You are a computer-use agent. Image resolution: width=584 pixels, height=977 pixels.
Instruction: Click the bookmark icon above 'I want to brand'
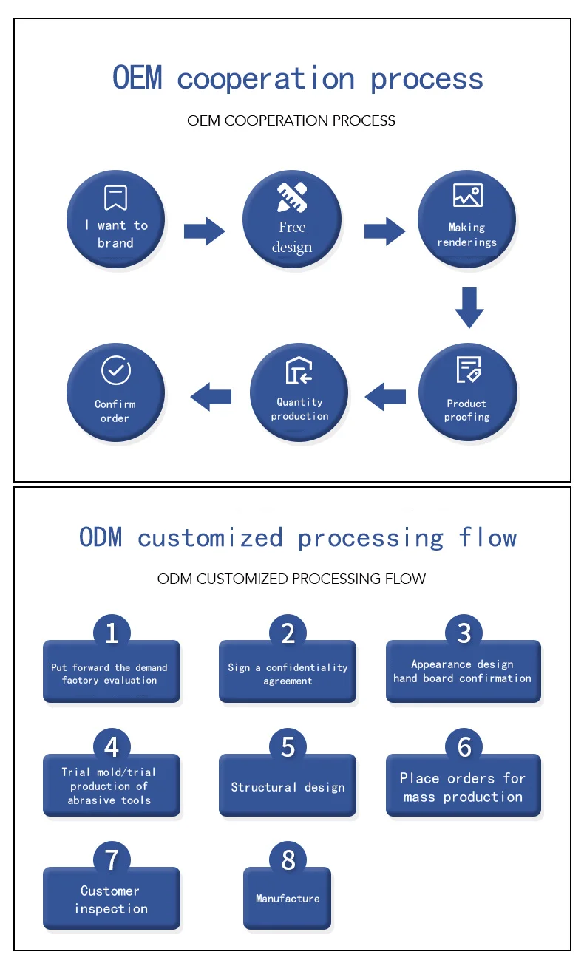[x=115, y=197]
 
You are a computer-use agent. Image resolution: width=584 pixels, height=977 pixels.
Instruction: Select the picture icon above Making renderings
[x=467, y=196]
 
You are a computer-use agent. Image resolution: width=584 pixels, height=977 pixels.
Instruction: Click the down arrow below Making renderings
[x=469, y=307]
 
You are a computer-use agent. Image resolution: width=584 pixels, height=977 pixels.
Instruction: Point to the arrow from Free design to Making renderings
[x=384, y=231]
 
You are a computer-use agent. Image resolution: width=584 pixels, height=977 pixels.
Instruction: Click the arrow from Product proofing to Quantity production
[x=385, y=397]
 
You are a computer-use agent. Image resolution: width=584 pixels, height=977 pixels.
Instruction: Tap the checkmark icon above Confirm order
[x=115, y=371]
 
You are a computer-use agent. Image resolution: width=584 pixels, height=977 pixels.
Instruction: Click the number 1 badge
[x=112, y=633]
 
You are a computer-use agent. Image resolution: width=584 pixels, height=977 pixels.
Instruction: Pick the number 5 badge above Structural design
[x=288, y=746]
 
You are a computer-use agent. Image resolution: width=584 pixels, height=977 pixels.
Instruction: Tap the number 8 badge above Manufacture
[x=288, y=859]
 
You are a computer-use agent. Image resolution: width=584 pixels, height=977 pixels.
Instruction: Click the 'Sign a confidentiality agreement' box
[x=288, y=673]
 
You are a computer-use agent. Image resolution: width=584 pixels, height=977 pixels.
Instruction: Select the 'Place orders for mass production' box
[x=464, y=786]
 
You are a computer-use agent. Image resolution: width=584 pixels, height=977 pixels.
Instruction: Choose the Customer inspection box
[x=112, y=899]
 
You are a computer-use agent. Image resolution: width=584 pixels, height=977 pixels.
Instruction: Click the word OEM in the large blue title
[x=137, y=78]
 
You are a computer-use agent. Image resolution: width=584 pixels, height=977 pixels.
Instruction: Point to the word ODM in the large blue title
[x=101, y=537]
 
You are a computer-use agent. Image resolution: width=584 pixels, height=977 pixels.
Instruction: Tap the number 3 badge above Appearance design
[x=464, y=633]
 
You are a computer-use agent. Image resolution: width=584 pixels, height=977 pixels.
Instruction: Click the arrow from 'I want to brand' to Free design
[x=204, y=231]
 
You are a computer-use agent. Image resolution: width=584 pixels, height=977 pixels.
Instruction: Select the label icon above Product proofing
[x=467, y=370]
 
